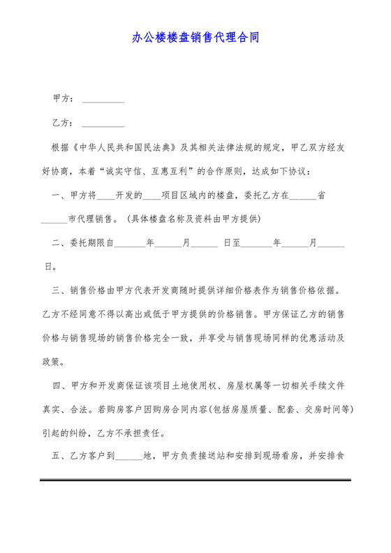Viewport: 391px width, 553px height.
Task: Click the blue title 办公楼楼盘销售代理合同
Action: pyautogui.click(x=195, y=38)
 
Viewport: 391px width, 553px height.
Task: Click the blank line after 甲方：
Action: pyautogui.click(x=103, y=100)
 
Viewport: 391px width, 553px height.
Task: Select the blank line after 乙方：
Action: pyautogui.click(x=103, y=124)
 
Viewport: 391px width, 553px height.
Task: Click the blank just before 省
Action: pyautogui.click(x=303, y=196)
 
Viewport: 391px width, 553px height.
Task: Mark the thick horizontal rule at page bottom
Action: pyautogui.click(x=195, y=480)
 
